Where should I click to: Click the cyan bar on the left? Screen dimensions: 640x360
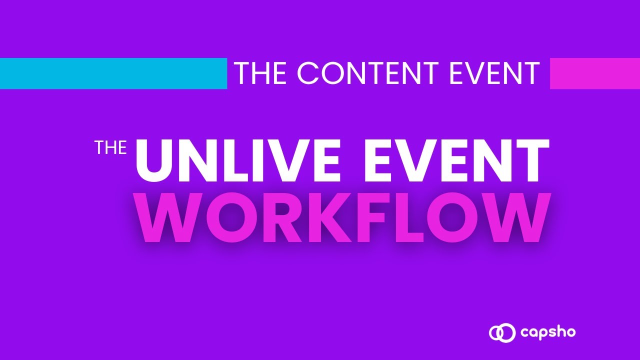click(x=113, y=73)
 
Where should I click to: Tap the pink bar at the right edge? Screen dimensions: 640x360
click(x=595, y=73)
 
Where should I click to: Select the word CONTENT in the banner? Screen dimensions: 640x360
click(x=368, y=73)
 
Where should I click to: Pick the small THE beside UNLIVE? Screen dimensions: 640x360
click(x=111, y=147)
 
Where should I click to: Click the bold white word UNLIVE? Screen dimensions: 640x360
click(x=237, y=160)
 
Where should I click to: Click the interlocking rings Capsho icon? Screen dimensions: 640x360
click(x=502, y=332)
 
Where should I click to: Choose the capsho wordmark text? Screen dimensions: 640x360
click(x=548, y=333)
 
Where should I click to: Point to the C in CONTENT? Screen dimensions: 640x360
click(x=308, y=73)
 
